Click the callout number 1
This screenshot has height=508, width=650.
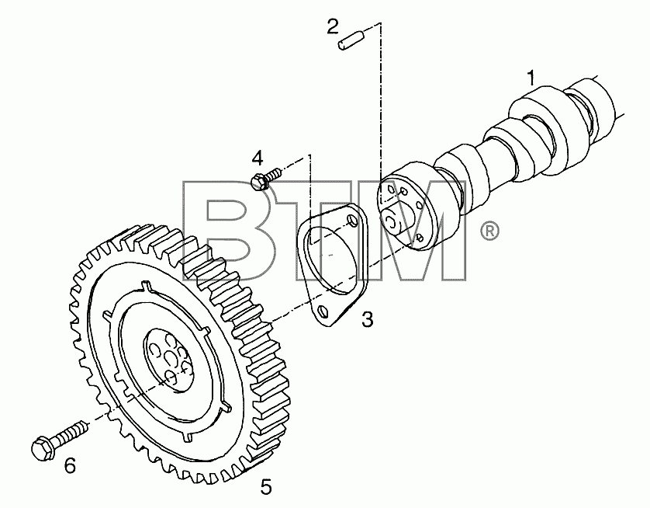click(531, 78)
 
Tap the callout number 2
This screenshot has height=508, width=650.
click(333, 26)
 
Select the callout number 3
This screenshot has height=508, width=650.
click(368, 319)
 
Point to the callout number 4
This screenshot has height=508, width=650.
click(258, 158)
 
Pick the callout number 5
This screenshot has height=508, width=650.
click(266, 486)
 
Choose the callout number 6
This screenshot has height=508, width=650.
click(70, 466)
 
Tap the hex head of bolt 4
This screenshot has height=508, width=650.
click(259, 183)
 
